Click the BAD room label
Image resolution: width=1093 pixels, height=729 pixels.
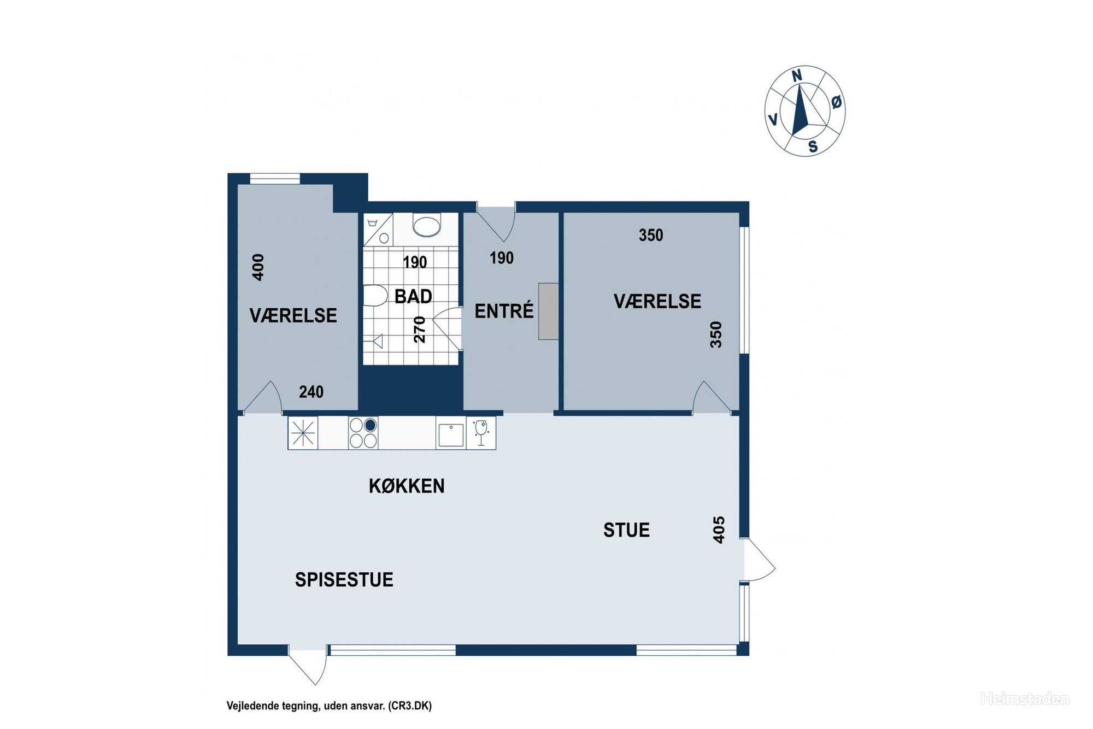pyautogui.click(x=413, y=297)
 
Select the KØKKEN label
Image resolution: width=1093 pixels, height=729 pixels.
pyautogui.click(x=407, y=486)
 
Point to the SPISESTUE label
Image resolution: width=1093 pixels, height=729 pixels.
pyautogui.click(x=344, y=579)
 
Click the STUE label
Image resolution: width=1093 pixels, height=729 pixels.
pyautogui.click(x=626, y=530)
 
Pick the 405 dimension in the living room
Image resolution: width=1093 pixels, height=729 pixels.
pyautogui.click(x=719, y=530)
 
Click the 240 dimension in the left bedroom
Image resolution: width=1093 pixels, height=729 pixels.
pyautogui.click(x=311, y=392)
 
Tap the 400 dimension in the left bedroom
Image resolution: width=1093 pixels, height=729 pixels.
pyautogui.click(x=258, y=267)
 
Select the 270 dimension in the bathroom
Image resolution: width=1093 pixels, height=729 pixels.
pyautogui.click(x=419, y=330)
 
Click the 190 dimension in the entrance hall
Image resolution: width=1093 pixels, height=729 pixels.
pyautogui.click(x=502, y=258)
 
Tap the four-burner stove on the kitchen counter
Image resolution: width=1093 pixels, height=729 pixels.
pyautogui.click(x=363, y=432)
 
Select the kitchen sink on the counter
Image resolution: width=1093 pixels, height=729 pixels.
pyautogui.click(x=451, y=434)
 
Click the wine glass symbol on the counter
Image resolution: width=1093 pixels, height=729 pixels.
pyautogui.click(x=481, y=433)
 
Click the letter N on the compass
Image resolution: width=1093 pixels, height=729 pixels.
pyautogui.click(x=797, y=76)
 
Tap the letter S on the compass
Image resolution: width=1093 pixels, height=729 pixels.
pyautogui.click(x=813, y=146)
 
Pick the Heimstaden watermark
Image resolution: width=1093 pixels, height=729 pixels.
pyautogui.click(x=1025, y=699)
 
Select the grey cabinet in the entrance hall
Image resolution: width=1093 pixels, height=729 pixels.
pyautogui.click(x=549, y=311)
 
